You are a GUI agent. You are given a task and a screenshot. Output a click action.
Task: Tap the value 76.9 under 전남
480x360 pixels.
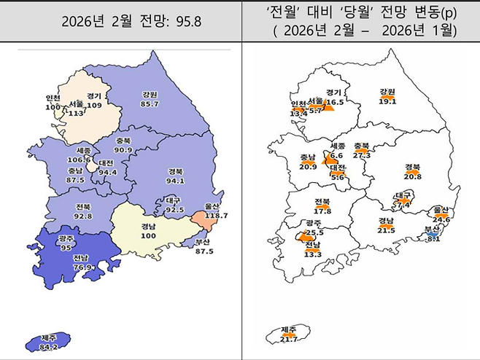[82, 267]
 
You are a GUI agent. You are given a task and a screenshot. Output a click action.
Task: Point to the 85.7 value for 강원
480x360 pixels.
[150, 105]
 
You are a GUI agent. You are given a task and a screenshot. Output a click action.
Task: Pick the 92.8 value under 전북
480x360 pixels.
[82, 216]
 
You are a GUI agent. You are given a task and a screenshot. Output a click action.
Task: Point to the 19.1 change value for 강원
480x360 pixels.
[387, 102]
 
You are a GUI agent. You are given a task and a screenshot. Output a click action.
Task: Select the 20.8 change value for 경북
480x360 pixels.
[412, 176]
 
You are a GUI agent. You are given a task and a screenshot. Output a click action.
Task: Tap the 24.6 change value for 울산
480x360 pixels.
[441, 219]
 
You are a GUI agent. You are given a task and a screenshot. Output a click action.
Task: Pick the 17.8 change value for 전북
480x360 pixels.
[322, 211]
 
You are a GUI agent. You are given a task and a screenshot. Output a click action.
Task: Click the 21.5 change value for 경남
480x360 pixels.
[387, 230]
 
